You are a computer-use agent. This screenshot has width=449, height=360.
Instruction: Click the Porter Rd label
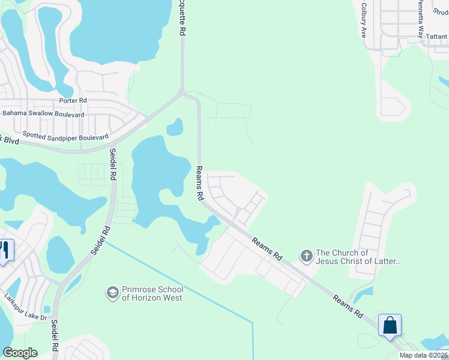pos(73,101)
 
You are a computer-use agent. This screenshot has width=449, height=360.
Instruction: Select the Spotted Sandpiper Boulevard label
pos(65,136)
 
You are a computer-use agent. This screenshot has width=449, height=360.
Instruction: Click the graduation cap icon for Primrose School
pos(112,293)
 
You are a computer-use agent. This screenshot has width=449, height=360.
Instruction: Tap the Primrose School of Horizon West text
pos(152,293)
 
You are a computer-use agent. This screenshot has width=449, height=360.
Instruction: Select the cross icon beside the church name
pos(306,257)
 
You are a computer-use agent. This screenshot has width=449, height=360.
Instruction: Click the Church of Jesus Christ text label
pos(358,257)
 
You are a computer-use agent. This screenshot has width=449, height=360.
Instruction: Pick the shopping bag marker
pos(390,326)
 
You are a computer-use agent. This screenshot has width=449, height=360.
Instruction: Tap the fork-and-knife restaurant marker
pos(5,250)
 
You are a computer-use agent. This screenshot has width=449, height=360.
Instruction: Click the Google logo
pos(20,353)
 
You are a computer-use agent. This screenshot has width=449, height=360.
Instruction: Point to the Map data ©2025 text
pos(424,355)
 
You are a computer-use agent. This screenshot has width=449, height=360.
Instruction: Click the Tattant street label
pos(436,37)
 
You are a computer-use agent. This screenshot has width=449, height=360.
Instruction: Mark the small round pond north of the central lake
pos(174,127)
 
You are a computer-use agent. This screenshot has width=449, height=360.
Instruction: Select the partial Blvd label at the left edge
pos(10,140)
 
